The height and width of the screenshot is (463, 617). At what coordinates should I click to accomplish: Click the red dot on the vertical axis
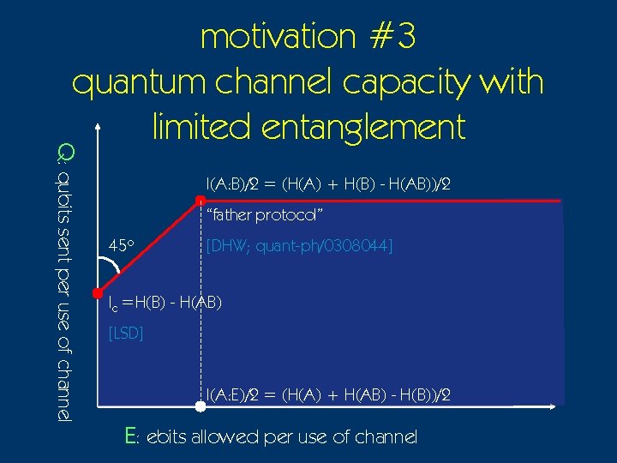click(x=98, y=292)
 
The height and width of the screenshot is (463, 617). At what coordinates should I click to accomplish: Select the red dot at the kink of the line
click(x=201, y=201)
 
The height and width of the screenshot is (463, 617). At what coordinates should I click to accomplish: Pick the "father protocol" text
click(x=264, y=213)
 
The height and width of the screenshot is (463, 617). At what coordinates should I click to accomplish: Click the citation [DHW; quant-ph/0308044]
click(x=299, y=247)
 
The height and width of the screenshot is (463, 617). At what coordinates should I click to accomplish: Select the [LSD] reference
click(x=126, y=333)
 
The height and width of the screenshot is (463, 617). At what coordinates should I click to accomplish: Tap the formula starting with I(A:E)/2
click(x=329, y=394)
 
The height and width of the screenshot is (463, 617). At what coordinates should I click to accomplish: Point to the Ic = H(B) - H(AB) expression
click(x=165, y=303)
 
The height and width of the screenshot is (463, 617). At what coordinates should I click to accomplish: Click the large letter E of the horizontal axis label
click(x=131, y=436)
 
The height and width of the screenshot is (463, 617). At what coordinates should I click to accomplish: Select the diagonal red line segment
click(x=149, y=247)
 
